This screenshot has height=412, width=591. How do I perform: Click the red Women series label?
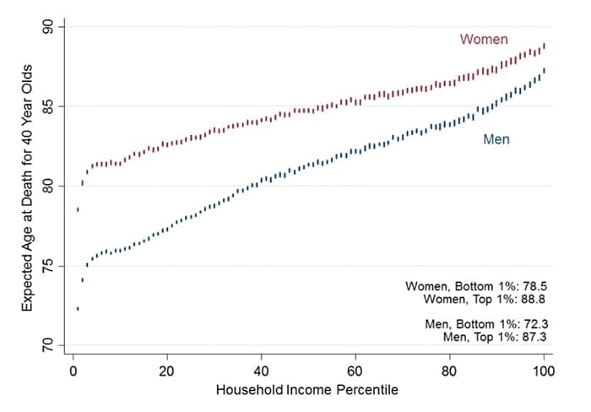(484, 40)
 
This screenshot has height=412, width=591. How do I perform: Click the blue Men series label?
(496, 139)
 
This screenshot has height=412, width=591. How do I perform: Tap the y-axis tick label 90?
(48, 28)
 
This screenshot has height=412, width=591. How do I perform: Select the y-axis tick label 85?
(48, 106)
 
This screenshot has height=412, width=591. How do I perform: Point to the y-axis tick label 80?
(48, 186)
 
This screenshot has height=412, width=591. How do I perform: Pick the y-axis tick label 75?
(48, 265)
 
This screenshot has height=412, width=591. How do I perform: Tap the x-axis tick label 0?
(73, 371)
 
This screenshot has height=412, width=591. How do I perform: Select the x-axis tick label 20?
(166, 371)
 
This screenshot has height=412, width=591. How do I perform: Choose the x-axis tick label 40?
(261, 371)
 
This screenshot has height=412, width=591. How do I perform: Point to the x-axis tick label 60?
(355, 371)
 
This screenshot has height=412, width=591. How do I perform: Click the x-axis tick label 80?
(450, 371)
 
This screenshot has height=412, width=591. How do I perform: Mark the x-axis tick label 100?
(544, 371)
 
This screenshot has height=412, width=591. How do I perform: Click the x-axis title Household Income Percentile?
(307, 391)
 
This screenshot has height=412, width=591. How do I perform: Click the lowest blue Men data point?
(78, 308)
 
